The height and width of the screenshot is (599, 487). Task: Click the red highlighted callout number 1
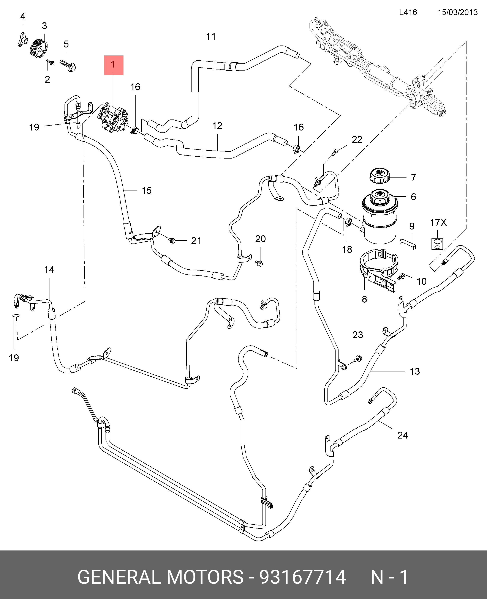coord(113,65)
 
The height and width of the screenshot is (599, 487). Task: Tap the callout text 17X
coord(438,223)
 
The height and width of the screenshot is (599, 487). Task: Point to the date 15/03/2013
coord(458,12)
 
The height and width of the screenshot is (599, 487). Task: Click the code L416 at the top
coord(408,12)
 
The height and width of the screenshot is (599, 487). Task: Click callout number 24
coord(403,435)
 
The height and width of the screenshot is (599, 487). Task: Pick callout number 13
coord(415,371)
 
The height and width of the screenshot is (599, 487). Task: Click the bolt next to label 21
coord(172,240)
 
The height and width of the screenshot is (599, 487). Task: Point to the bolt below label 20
coord(259,263)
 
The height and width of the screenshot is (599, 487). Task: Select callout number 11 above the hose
coord(211,37)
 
